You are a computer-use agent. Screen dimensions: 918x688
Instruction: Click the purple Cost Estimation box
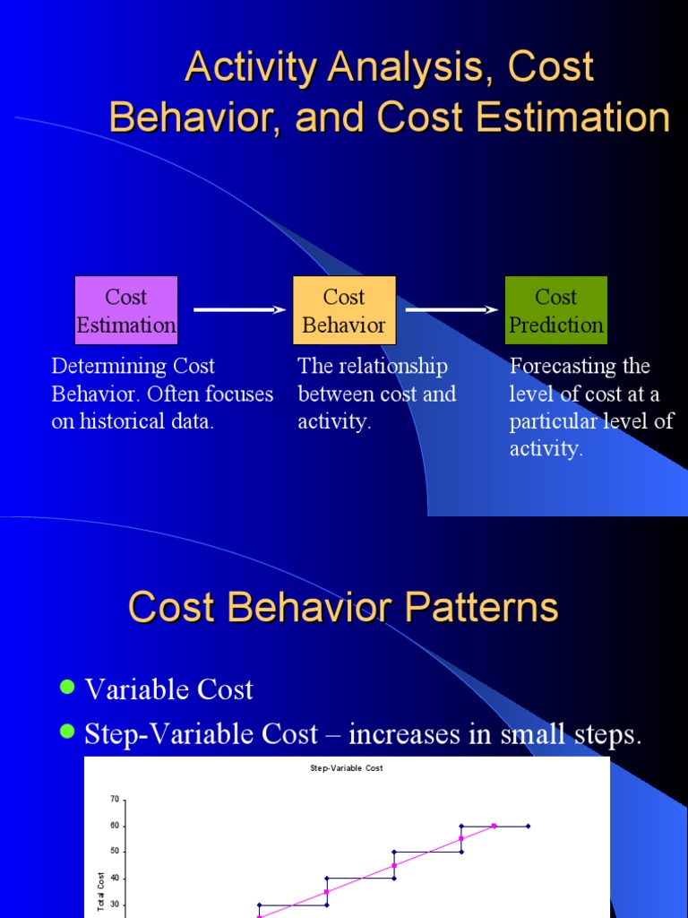125,310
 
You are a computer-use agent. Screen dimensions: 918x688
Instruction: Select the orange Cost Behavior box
344,310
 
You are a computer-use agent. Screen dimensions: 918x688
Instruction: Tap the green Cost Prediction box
556,310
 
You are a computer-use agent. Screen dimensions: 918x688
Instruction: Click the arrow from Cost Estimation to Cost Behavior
238,309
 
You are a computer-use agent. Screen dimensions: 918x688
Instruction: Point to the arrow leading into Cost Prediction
451,309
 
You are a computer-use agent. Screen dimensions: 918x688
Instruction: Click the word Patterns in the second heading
480,607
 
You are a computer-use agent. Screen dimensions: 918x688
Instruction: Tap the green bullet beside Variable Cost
67,688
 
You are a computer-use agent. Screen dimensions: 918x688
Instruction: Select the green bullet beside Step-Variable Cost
67,732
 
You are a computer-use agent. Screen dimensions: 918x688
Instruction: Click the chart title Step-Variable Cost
347,768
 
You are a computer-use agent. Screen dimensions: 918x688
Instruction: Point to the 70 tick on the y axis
115,799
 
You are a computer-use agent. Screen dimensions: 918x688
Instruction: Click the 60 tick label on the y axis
115,826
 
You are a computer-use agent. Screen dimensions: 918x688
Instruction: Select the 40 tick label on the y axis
115,879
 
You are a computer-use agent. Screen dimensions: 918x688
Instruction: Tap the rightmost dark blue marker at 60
528,826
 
